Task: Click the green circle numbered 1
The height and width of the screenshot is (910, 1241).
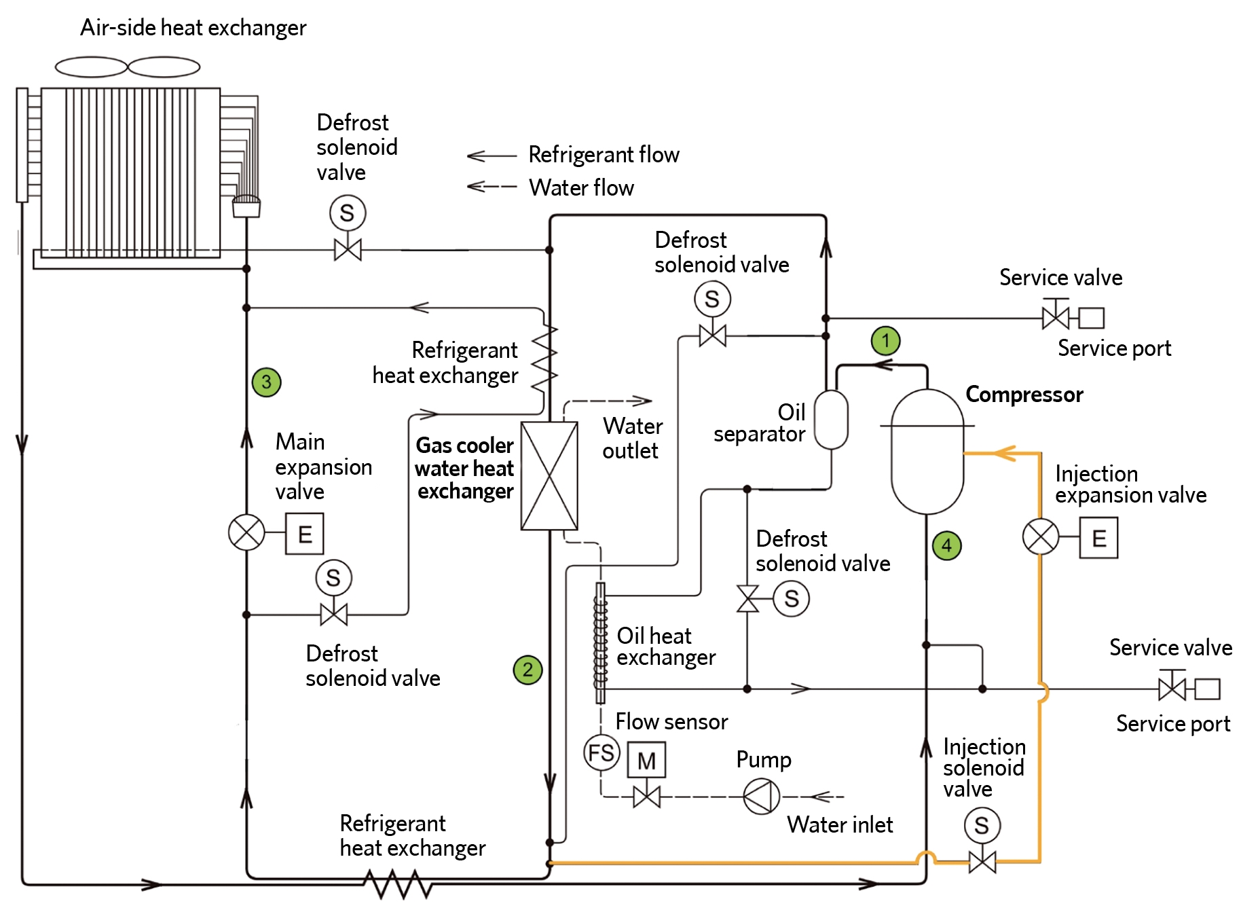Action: click(x=885, y=340)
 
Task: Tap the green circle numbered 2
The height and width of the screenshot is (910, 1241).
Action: click(x=527, y=670)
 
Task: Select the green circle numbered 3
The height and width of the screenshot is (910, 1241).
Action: click(x=266, y=382)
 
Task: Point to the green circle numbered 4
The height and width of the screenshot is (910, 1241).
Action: click(x=946, y=545)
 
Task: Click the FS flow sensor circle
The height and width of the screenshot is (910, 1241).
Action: click(x=601, y=752)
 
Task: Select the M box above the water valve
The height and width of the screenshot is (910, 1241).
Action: click(x=646, y=760)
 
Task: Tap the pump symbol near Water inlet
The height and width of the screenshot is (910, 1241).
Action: click(x=761, y=796)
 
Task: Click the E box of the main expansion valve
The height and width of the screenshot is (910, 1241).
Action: click(x=304, y=534)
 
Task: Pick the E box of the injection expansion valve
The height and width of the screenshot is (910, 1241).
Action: click(x=1098, y=538)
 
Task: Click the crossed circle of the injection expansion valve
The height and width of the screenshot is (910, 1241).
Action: click(x=1040, y=536)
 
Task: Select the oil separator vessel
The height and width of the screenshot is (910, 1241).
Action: click(x=831, y=420)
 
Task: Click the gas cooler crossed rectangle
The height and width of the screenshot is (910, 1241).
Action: click(x=549, y=475)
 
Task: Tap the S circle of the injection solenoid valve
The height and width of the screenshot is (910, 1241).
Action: click(x=982, y=825)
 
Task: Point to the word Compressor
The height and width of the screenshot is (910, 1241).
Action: click(x=1024, y=395)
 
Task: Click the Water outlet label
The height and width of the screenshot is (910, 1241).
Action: click(x=632, y=438)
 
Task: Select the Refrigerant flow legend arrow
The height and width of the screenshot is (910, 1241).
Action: click(x=492, y=156)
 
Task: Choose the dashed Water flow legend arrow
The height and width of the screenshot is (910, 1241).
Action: click(x=492, y=186)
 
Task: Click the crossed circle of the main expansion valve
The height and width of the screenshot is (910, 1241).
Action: click(x=246, y=532)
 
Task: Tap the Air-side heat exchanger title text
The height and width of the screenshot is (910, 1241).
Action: click(x=193, y=28)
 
